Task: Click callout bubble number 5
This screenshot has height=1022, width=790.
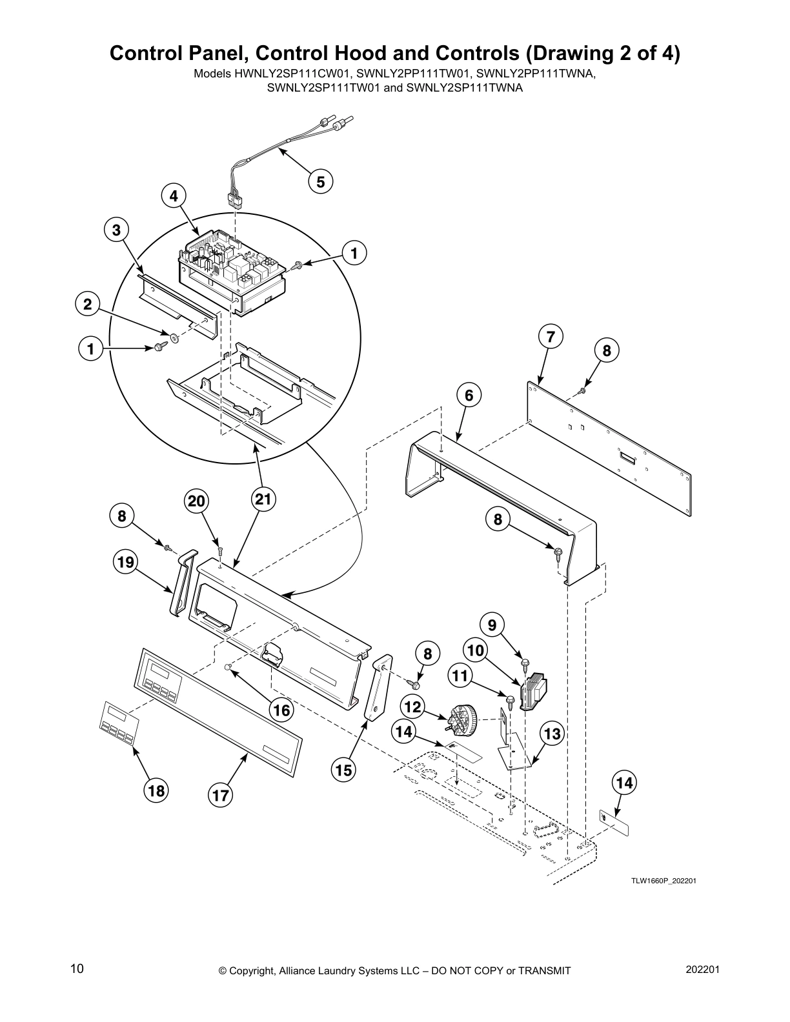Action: click(321, 181)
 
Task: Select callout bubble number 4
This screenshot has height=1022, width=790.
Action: click(174, 195)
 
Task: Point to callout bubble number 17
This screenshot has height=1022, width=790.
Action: click(221, 795)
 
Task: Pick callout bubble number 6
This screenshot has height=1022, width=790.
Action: click(469, 395)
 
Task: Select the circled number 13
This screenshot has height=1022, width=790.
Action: click(552, 734)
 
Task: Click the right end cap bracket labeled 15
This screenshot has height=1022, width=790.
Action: click(380, 687)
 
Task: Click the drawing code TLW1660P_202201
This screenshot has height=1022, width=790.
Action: click(663, 881)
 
